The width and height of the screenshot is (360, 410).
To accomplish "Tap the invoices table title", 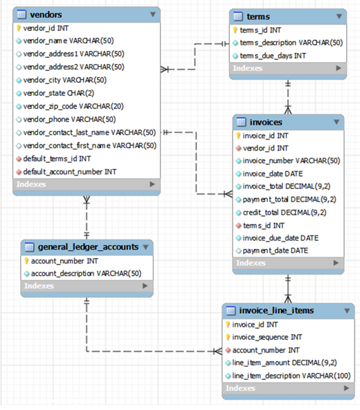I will (267, 122).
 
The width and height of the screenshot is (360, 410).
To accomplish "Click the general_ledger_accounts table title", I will (88, 246).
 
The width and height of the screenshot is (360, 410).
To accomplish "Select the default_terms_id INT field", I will (56, 158).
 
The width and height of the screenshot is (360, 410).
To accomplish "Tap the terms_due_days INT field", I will (273, 55).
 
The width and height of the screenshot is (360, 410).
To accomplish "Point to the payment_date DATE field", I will (275, 250).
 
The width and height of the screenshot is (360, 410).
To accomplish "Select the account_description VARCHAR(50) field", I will (86, 273).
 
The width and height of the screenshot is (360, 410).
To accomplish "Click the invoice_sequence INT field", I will (266, 337).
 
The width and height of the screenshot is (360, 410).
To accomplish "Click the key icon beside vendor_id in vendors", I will (19, 28).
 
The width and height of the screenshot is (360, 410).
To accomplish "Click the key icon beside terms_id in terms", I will (235, 30).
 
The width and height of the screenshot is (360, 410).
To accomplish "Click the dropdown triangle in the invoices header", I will (337, 122).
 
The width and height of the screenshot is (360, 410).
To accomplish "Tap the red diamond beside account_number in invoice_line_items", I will (228, 350).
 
